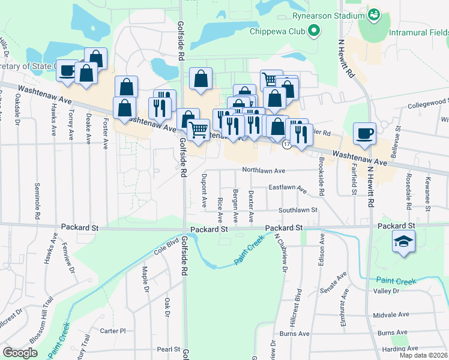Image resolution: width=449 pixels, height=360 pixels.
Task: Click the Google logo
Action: click(20, 353)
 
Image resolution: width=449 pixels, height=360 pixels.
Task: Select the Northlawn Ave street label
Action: click(264, 170)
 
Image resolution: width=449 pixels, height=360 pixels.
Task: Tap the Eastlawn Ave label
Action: click(288, 189)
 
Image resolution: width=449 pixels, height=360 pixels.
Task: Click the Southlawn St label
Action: click(297, 210)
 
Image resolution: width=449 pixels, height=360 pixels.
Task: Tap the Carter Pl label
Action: click(112, 331)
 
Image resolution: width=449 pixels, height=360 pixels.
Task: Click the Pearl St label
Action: click(169, 349)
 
